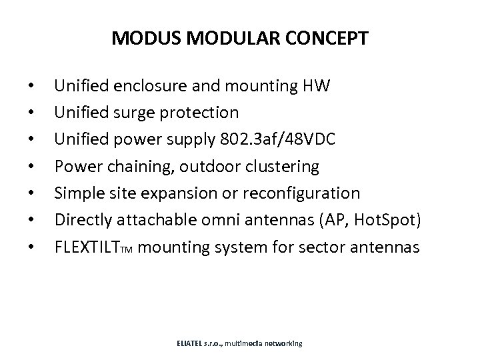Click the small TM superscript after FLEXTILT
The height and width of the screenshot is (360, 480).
pyautogui.click(x=129, y=251)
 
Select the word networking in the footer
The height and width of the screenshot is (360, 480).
pyautogui.click(x=283, y=343)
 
